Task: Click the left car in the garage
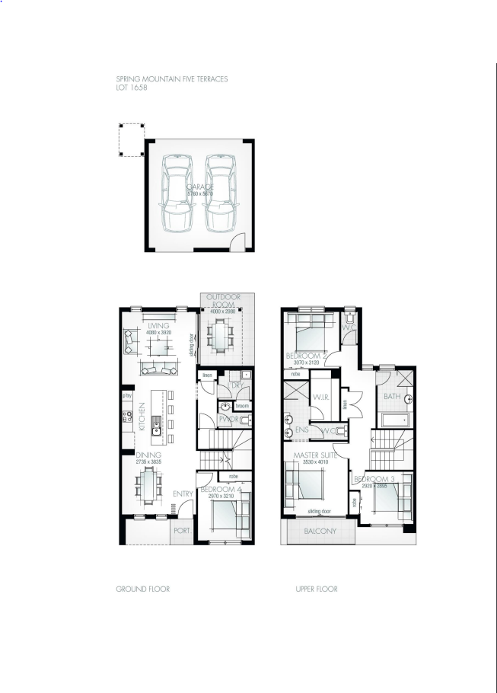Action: (x=177, y=194)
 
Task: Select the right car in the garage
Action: (x=219, y=194)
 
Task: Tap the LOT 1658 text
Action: (x=132, y=88)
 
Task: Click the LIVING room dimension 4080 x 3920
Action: (x=155, y=332)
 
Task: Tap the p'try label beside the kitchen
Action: (x=127, y=395)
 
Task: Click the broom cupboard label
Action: (x=242, y=406)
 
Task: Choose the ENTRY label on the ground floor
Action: (x=182, y=494)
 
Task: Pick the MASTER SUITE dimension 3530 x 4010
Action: (x=312, y=461)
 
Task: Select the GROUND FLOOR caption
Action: (x=142, y=589)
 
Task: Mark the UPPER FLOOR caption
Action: (x=316, y=589)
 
